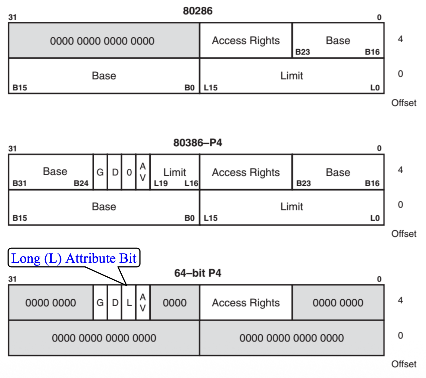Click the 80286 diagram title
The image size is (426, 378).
point(198,11)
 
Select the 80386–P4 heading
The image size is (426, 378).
point(198,142)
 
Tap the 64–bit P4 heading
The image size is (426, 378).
point(198,273)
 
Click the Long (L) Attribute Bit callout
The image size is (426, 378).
point(74,258)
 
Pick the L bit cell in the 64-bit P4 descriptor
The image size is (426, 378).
point(129,303)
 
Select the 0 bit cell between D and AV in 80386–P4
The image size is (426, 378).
point(129,172)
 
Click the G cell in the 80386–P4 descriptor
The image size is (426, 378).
point(100,172)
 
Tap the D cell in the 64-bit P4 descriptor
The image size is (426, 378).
point(115,303)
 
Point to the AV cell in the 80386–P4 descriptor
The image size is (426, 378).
point(143,172)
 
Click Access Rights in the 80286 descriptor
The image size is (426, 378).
point(246,41)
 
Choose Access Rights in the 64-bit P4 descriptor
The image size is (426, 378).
point(246,303)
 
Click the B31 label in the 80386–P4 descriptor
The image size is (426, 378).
point(20,183)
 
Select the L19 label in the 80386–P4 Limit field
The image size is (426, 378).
point(161,183)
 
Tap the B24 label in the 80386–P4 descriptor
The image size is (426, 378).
point(81,183)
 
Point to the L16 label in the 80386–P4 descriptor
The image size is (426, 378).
point(191,183)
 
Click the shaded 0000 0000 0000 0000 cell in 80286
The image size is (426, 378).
point(102,41)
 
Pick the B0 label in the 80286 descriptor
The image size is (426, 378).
point(189,88)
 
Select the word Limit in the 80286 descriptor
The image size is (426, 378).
point(291,76)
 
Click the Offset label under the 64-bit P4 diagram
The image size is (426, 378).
point(404,364)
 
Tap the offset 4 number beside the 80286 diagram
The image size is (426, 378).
point(400,39)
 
